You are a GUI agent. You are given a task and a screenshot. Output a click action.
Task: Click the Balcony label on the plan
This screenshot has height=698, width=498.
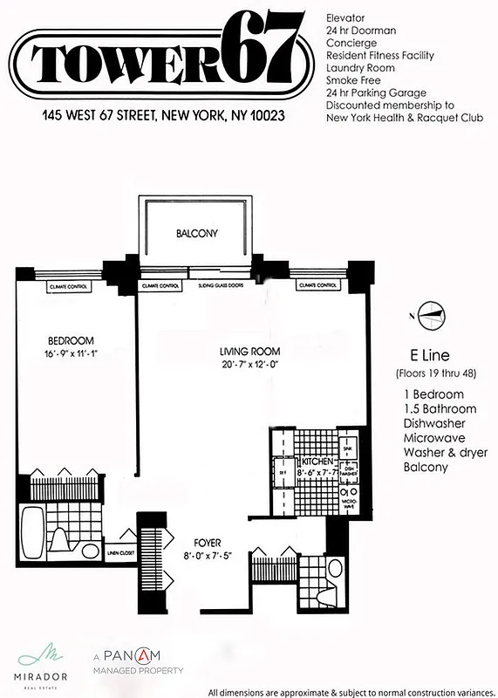point(196,234)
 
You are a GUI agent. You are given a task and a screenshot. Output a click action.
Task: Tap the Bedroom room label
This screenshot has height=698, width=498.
point(71,340)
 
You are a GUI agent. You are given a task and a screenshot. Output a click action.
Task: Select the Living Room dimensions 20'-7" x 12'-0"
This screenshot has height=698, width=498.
point(248,365)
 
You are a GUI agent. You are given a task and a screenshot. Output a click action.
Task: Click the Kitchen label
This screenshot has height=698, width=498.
point(313,462)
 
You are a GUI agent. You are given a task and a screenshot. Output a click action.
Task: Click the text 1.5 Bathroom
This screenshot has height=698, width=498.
point(440,408)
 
